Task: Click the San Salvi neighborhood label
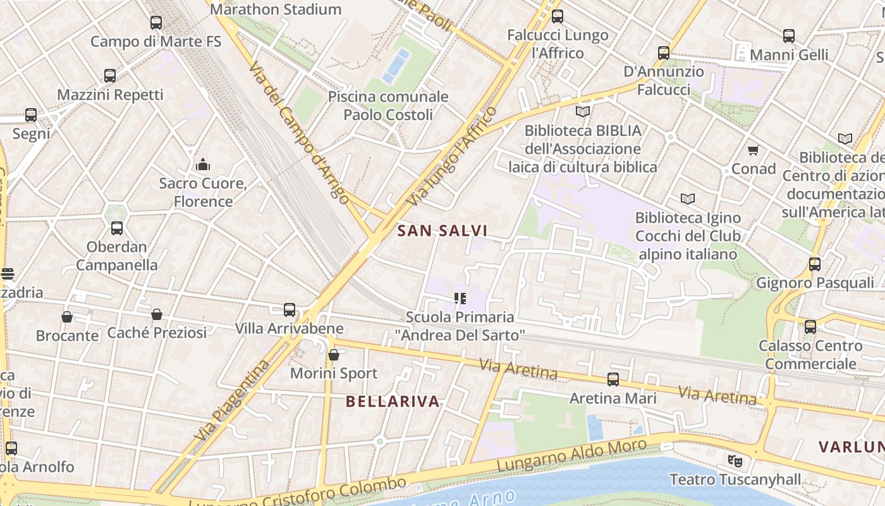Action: pos(442,231)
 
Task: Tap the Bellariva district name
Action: pos(393,401)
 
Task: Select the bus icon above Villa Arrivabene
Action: pos(290,309)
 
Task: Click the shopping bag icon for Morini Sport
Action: pos(334,355)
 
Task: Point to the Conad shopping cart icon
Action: pos(753,150)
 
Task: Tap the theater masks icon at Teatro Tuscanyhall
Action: pos(734,460)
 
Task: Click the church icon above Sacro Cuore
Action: pos(203,164)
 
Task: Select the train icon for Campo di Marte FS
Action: pos(156,23)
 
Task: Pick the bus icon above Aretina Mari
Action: pos(613,379)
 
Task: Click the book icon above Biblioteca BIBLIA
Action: pos(583,111)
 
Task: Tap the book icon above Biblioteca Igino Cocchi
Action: pos(688,199)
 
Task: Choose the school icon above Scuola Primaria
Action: pos(460,297)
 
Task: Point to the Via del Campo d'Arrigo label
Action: pos(299,133)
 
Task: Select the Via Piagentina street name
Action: pos(232,401)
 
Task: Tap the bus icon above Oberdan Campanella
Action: pos(117,228)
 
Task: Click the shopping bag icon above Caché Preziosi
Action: pos(157,314)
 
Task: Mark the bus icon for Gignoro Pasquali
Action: pos(815,264)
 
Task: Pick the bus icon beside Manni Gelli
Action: pos(789,35)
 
